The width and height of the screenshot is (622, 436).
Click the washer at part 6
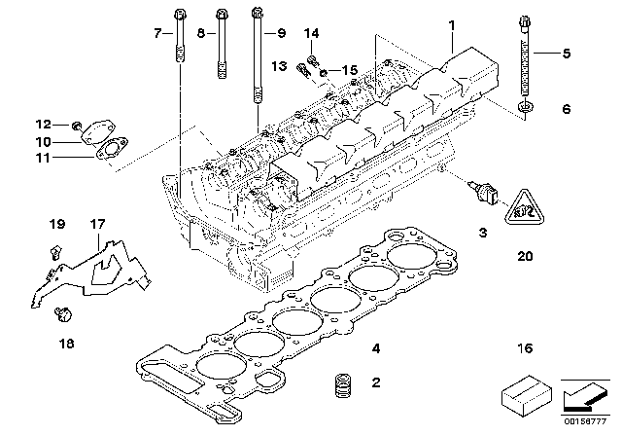(x=524, y=105)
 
